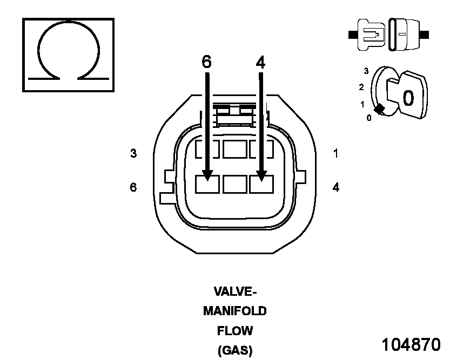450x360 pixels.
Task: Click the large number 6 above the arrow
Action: coord(207,62)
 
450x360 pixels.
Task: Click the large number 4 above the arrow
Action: coord(260,62)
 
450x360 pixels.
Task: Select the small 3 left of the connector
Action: coord(133,154)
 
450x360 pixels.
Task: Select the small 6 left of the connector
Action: coord(133,187)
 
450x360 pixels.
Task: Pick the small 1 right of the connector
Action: coord(335,154)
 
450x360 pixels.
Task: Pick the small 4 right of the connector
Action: coord(335,187)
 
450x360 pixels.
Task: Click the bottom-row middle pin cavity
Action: coord(234,185)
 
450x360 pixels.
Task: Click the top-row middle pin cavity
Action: coord(234,148)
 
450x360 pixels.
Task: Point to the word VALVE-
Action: coord(235,292)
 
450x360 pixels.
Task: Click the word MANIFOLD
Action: coord(235,311)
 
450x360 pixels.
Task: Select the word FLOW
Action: coord(235,330)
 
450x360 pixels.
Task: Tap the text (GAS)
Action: coord(235,350)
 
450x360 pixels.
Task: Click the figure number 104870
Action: coord(411,344)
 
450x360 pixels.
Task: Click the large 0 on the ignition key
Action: coord(408,97)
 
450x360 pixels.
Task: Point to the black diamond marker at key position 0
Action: coord(380,109)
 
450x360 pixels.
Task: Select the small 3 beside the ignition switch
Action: coord(366,71)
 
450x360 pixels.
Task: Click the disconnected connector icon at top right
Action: coord(389,35)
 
